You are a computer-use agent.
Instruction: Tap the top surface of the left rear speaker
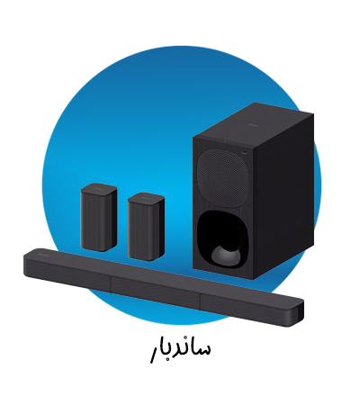coord(99,188)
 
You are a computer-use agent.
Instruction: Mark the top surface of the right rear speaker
coord(146,193)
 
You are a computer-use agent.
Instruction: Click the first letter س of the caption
coord(201,346)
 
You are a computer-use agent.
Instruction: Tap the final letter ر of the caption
coord(154,351)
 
